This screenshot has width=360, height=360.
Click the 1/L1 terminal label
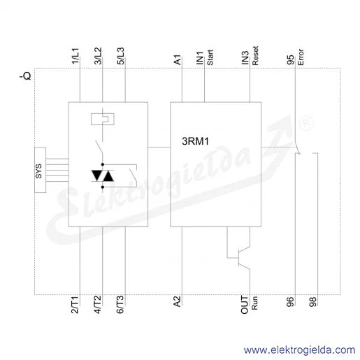click(x=75, y=56)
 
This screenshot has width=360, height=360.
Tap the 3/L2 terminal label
click(x=98, y=56)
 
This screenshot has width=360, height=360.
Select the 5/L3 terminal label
click(x=120, y=56)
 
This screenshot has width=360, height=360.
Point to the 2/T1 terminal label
click(x=75, y=305)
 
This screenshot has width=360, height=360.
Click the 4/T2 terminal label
click(x=97, y=305)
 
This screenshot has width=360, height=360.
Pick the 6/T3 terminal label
click(x=120, y=305)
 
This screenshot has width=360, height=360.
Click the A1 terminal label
click(x=178, y=60)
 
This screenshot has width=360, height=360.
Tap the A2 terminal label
click(x=177, y=301)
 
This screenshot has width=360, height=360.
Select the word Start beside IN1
click(x=210, y=57)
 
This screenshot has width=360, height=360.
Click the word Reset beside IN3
click(x=255, y=55)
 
